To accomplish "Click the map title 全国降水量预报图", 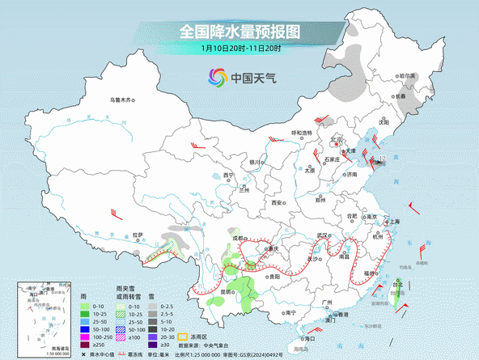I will pos(239,32).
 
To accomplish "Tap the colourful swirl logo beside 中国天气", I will pos(218,78).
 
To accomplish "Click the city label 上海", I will pos(395,221).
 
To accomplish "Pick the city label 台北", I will pos(396,285).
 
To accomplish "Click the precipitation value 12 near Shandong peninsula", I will pos(382,158).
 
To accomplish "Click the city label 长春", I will pos(401,96).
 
